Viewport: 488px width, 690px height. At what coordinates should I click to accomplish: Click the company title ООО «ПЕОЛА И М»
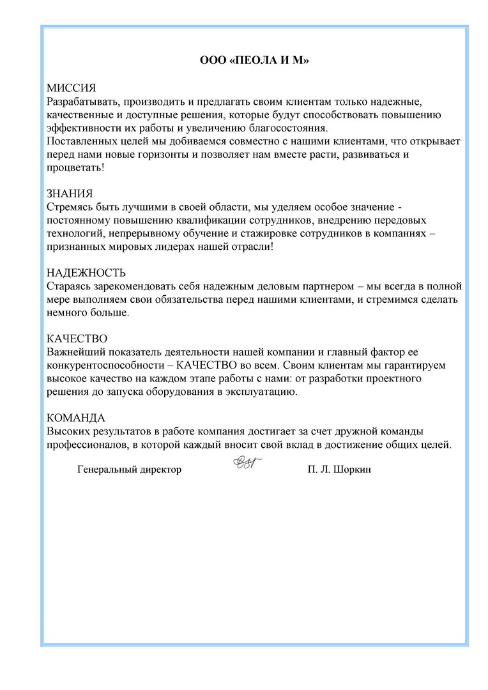pos(254,61)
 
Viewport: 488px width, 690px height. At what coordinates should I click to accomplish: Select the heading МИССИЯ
pos(72,88)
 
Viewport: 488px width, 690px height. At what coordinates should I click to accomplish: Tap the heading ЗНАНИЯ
pos(70,194)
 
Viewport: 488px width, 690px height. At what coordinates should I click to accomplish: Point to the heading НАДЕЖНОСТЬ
pos(86,273)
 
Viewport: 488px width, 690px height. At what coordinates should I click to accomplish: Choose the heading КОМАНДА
pos(76,418)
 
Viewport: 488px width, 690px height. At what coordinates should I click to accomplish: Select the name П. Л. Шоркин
pos(339,470)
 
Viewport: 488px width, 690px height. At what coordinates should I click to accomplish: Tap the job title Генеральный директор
pos(129,470)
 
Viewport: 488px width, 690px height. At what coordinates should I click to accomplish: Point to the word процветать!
pos(75,167)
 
